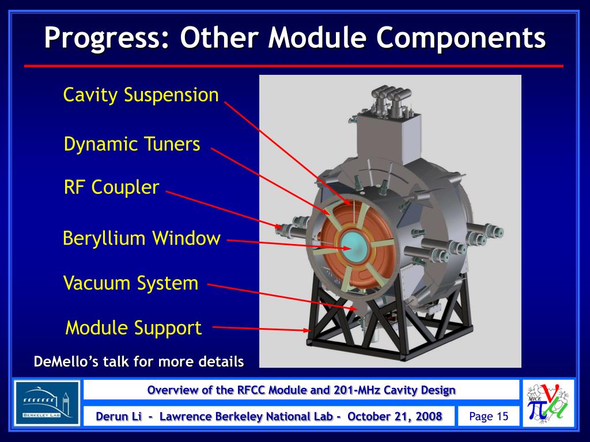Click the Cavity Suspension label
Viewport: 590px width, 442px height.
pos(141,95)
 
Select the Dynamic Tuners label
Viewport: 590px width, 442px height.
pos(132,144)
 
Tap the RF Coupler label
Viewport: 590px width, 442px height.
pos(111,187)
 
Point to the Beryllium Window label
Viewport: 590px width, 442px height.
pos(142,238)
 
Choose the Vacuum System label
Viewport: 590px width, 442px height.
pos(131,283)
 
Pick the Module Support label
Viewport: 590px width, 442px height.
pos(134,327)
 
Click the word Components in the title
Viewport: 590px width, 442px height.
pos(460,37)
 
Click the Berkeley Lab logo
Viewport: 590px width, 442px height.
pos(47,403)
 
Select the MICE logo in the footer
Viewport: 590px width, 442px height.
pos(549,403)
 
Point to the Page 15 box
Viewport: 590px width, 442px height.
pos(489,417)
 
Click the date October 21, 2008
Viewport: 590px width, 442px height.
pos(395,417)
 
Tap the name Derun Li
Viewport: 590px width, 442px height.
pos(119,417)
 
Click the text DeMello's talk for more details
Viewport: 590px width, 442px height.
pos(139,361)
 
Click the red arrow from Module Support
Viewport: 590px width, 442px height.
pos(261,329)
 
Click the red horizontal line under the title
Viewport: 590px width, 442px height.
pos(293,66)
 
